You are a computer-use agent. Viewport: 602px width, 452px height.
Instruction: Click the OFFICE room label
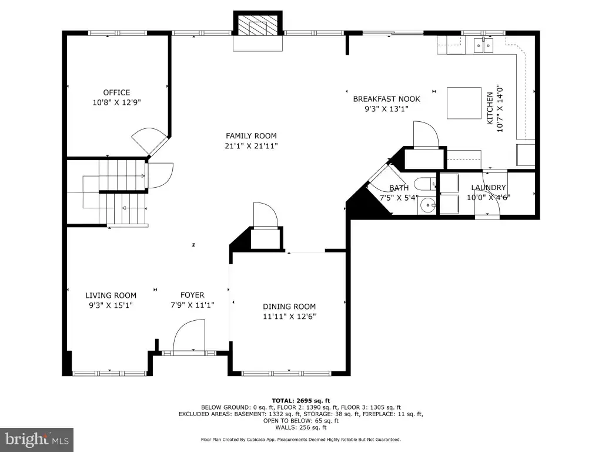116,92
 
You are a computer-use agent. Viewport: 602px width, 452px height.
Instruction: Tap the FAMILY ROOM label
251,136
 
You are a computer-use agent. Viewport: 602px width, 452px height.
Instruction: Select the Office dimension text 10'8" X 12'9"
117,102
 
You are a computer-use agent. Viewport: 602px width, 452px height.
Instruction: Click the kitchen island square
464,103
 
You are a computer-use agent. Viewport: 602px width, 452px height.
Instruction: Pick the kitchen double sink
483,45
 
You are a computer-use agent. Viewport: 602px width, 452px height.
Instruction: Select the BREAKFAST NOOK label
387,99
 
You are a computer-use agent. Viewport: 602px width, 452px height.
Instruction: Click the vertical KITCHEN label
490,108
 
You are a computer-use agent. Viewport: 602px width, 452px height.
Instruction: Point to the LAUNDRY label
489,188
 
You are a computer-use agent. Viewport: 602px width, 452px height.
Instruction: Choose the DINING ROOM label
289,307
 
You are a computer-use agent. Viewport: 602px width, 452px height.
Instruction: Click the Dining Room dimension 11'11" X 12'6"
289,317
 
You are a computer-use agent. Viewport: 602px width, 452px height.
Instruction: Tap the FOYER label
192,295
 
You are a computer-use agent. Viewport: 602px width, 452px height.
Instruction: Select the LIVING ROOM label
111,295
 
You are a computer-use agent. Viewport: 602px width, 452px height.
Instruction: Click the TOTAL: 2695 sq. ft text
300,401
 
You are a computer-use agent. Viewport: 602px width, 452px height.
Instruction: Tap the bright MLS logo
37,439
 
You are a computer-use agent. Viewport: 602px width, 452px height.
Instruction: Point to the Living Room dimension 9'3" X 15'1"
111,305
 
